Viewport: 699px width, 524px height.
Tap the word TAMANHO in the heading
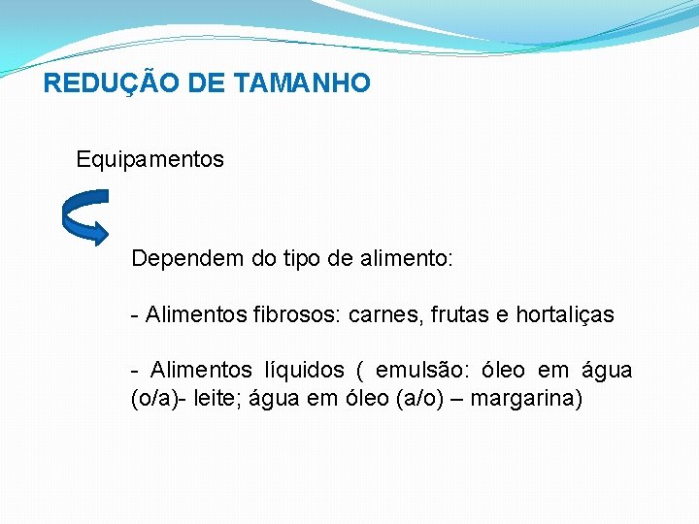tap(302, 83)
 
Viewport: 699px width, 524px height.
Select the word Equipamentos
tap(150, 159)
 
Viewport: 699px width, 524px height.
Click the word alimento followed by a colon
tap(405, 259)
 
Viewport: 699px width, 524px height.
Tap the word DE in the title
tap(207, 83)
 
